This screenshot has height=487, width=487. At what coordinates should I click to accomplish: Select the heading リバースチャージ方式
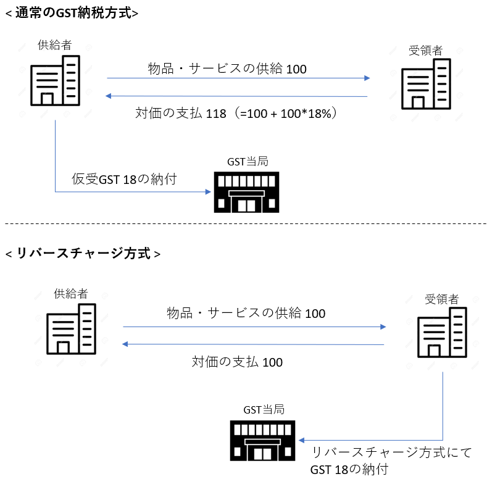tap(83, 254)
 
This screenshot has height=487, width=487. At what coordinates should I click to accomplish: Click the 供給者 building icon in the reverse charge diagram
tap(72, 329)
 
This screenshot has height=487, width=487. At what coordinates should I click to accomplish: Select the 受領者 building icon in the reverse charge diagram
tap(442, 332)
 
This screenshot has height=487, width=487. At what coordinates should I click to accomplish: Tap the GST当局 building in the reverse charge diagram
tap(262, 441)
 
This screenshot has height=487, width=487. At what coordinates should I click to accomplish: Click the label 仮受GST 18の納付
tap(124, 180)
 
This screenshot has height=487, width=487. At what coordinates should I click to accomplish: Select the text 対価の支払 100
tap(237, 362)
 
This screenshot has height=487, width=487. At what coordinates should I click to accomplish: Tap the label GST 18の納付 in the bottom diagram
tap(349, 470)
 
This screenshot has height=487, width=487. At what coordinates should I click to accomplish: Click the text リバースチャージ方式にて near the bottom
tap(391, 453)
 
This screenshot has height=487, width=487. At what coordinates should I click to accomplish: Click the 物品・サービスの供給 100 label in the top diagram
tap(227, 69)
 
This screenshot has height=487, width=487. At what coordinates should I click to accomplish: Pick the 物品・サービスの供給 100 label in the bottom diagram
tap(246, 313)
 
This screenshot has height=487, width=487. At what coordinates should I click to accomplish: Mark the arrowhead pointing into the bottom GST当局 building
tap(302, 441)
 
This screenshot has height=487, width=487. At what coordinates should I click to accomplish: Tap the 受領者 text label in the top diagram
tap(425, 51)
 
